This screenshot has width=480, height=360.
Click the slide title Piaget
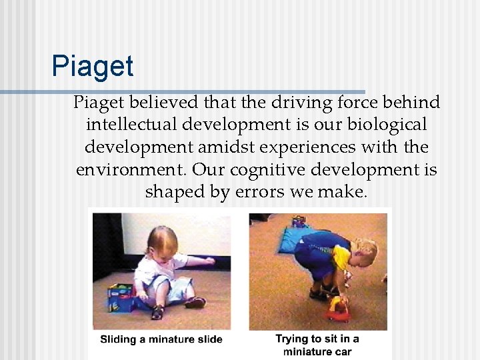click(x=93, y=67)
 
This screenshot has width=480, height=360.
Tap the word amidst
click(x=231, y=147)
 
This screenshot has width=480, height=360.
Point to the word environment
click(x=133, y=169)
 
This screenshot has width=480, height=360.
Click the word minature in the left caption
click(x=167, y=339)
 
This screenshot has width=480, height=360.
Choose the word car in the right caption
click(x=341, y=351)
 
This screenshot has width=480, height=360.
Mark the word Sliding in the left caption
click(x=117, y=339)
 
